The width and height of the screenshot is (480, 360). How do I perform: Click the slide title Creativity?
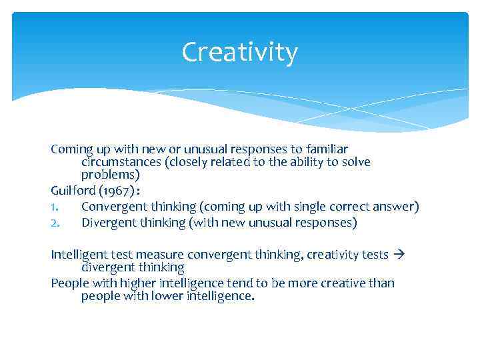[239, 53]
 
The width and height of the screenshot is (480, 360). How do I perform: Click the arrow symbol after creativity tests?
[400, 255]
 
